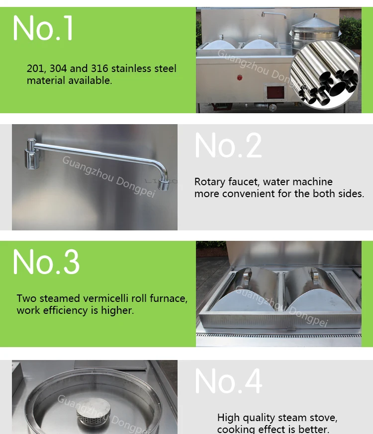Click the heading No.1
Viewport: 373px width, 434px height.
click(x=43, y=28)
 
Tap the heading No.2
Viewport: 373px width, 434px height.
click(x=228, y=145)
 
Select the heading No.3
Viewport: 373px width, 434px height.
click(x=46, y=262)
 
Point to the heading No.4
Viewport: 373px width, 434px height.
click(x=228, y=381)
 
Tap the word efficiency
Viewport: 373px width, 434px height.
click(x=66, y=311)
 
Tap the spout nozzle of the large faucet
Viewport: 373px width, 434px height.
click(x=164, y=185)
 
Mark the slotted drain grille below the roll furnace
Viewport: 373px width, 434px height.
click(x=279, y=336)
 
